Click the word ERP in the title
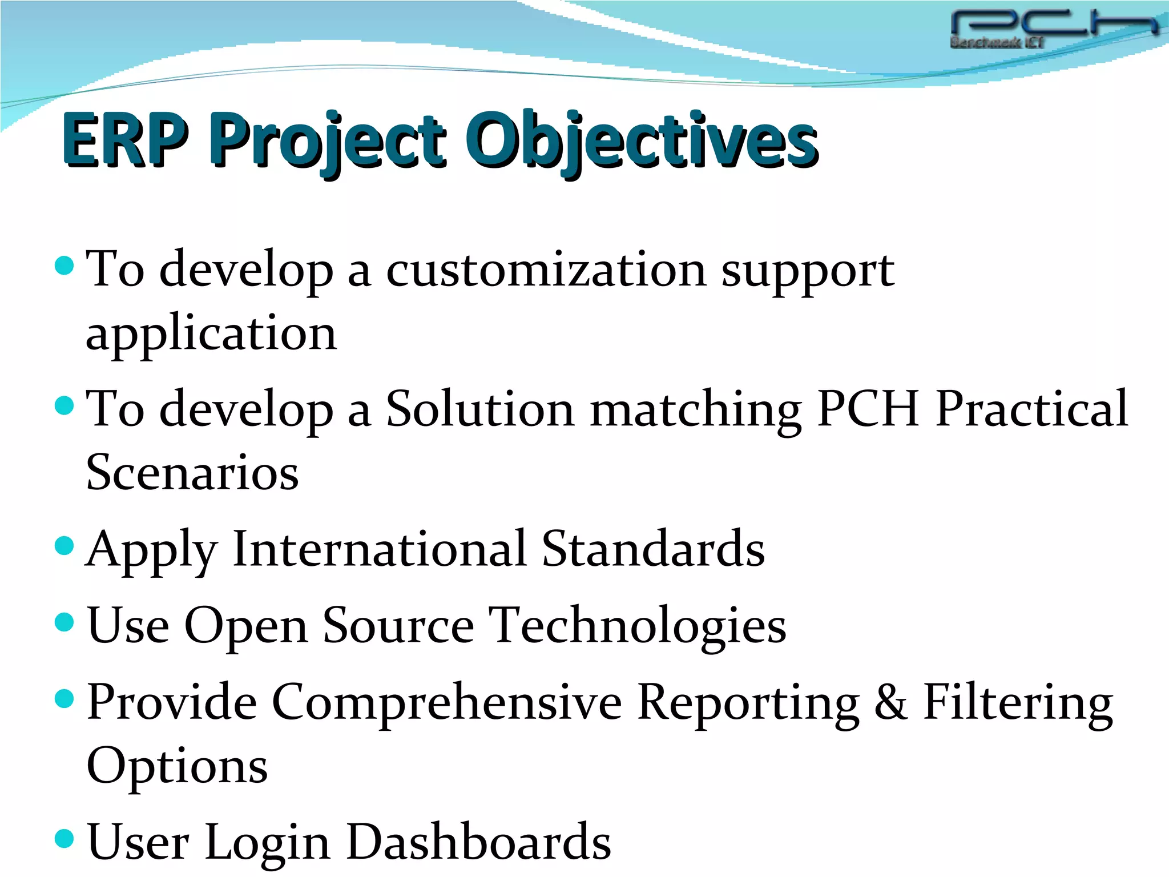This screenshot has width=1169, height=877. (126, 140)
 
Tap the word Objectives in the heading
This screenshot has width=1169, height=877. (642, 140)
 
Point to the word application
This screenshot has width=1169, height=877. (211, 334)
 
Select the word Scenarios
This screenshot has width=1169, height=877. (192, 473)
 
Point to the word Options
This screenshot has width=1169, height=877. (177, 766)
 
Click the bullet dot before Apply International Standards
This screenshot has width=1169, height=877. (65, 545)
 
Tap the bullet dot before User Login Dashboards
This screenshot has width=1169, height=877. (65, 838)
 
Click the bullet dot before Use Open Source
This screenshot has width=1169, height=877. (65, 622)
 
